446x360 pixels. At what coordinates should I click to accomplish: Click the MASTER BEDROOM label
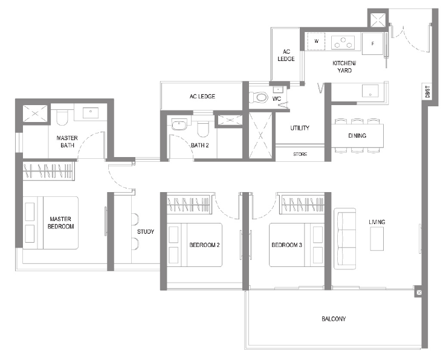[60, 223]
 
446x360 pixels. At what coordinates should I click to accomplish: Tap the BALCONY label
[334, 319]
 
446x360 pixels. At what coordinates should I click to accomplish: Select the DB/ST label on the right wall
[427, 92]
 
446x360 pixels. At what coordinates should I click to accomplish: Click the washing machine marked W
[316, 42]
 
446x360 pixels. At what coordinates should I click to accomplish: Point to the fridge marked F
[372, 43]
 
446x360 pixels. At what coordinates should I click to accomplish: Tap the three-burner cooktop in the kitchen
[343, 42]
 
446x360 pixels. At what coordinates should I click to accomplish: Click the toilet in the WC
[259, 97]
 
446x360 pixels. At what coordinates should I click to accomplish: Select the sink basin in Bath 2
[179, 125]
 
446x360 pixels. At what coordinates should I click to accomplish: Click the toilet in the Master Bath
[62, 118]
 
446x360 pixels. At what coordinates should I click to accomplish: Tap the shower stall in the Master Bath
[35, 114]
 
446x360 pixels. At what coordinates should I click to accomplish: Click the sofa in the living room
[344, 239]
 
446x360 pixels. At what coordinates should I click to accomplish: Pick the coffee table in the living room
[377, 239]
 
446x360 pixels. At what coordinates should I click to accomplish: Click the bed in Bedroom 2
[194, 245]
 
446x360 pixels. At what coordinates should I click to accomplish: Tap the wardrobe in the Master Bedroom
[48, 171]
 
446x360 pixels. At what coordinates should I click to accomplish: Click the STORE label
[300, 154]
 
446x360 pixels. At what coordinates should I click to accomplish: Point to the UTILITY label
[300, 128]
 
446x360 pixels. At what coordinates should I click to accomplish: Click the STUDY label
[146, 232]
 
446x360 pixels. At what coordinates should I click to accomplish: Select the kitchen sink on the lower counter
[370, 91]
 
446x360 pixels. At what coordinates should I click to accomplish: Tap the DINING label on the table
[357, 136]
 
